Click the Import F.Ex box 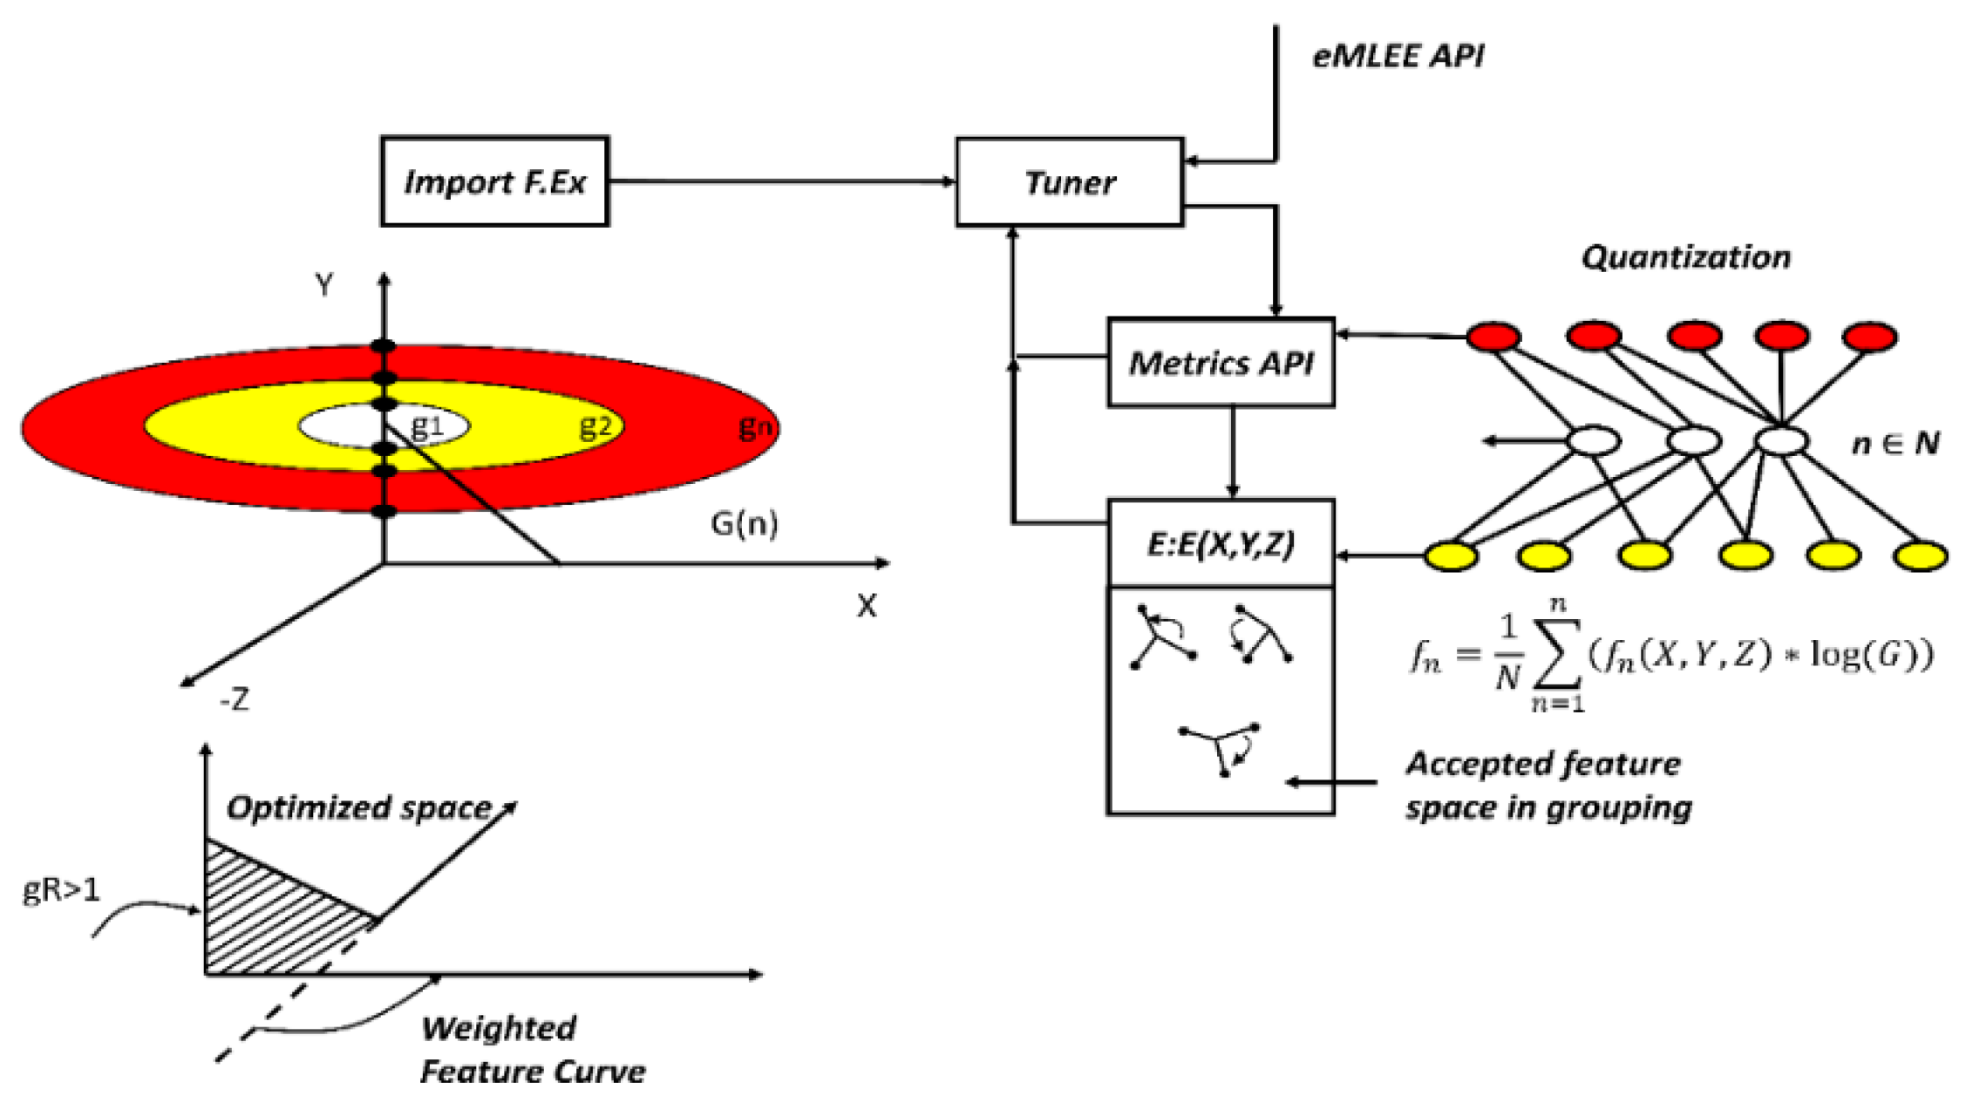[x=494, y=181]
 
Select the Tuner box [x=1069, y=182]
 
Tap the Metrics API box [x=1221, y=363]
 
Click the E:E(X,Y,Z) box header [x=1221, y=543]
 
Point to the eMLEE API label [x=1398, y=56]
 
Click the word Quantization [x=1685, y=257]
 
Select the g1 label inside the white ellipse [x=427, y=426]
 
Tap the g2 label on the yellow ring [x=596, y=426]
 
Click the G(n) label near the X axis [x=744, y=523]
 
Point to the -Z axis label [x=234, y=698]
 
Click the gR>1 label [x=61, y=889]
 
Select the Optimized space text [x=359, y=807]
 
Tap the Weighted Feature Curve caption [x=532, y=1049]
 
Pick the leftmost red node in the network [x=1493, y=337]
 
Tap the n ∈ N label [x=1895, y=443]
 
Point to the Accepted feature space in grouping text [x=1547, y=786]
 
